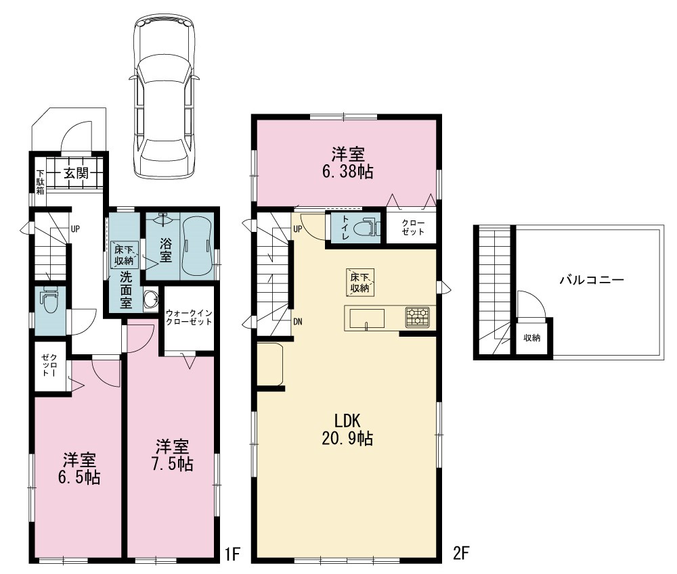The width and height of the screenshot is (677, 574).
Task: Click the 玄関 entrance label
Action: coord(77,173)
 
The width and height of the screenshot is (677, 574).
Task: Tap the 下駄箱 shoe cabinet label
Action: coord(40,183)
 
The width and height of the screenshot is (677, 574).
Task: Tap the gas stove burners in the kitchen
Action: coord(418,317)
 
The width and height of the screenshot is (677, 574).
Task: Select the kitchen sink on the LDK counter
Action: coord(366,319)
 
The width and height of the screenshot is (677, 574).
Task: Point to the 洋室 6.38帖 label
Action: coord(347,162)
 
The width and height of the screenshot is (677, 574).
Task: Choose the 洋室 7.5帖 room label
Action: coord(172,454)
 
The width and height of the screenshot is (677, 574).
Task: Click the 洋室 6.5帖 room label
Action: coord(79,469)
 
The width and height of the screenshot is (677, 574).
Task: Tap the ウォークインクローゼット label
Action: coord(189,317)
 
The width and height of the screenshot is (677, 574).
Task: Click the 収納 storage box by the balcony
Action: coord(532,337)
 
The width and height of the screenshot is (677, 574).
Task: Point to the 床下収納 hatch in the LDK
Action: coord(359,283)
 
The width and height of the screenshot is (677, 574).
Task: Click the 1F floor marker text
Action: coord(232,554)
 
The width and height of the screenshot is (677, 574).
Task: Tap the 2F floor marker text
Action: coord(461,552)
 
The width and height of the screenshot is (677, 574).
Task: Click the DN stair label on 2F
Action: coord(298,322)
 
